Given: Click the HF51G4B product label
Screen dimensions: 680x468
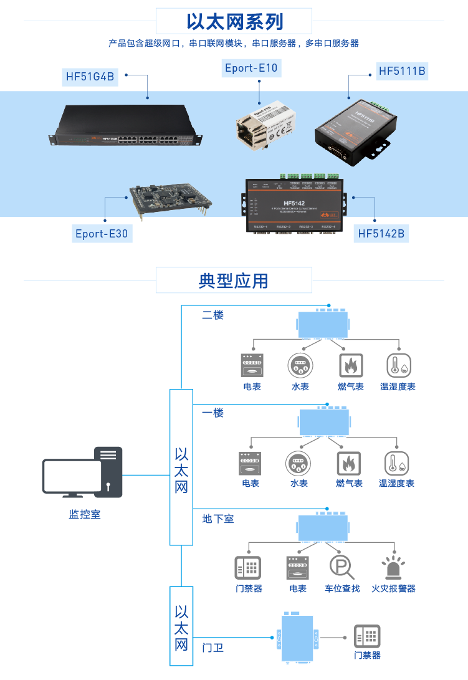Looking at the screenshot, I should point(91,77).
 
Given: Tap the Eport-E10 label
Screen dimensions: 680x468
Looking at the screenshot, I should point(251,68).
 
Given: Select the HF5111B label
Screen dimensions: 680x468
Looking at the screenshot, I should point(402,71).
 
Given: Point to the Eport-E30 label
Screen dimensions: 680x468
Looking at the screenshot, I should point(102,234).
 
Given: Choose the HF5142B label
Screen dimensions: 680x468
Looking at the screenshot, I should point(381,234).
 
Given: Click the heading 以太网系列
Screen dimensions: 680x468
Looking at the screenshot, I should point(234,22).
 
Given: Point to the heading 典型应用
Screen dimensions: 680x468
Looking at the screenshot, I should point(234,280).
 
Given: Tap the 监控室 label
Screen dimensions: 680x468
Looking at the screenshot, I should point(84,515).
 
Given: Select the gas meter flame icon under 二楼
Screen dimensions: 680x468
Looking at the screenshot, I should point(351,365).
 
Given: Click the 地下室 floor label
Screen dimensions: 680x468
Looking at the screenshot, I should point(217,519).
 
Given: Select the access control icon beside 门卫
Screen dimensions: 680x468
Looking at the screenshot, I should point(367,636).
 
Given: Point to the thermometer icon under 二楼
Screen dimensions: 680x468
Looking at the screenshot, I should point(398,365).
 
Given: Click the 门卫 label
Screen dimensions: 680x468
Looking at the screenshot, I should point(213,648).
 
